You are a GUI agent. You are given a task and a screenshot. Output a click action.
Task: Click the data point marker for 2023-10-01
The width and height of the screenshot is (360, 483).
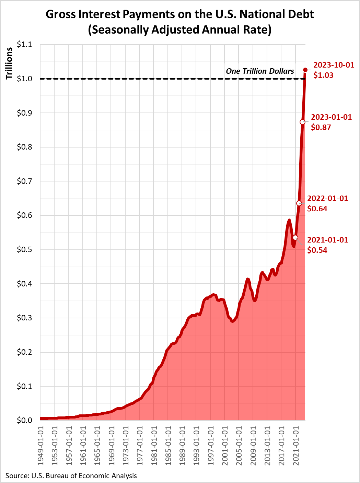(305, 70)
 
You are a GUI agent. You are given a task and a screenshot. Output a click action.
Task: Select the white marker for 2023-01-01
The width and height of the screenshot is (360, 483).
(302, 122)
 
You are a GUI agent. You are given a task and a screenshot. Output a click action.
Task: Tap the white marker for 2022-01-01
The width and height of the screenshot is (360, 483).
(299, 203)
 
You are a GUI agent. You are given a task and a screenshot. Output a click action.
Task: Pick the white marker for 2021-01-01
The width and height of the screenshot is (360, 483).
(295, 238)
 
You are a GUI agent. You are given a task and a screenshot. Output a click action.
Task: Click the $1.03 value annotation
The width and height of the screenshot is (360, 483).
(323, 75)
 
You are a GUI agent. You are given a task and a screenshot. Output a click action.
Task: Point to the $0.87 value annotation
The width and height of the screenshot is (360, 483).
(321, 128)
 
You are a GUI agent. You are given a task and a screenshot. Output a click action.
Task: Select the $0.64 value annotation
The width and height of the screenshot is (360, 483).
(317, 209)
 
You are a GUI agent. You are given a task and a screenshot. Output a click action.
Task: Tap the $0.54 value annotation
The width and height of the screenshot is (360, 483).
(317, 250)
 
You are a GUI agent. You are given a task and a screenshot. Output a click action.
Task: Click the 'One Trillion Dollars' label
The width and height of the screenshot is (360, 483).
(260, 71)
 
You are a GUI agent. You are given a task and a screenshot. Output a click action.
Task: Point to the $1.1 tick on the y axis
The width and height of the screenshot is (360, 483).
(24, 45)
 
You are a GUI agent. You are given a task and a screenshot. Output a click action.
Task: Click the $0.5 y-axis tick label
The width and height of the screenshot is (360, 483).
(24, 250)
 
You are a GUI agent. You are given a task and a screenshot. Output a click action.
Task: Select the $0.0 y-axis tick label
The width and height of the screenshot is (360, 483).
(24, 421)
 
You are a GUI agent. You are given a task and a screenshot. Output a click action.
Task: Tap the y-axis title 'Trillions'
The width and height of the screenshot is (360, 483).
(9, 63)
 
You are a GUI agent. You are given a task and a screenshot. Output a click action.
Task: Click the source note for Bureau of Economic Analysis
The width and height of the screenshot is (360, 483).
(71, 476)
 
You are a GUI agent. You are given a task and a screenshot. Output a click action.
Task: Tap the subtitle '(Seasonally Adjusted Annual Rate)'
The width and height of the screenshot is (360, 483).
(180, 30)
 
